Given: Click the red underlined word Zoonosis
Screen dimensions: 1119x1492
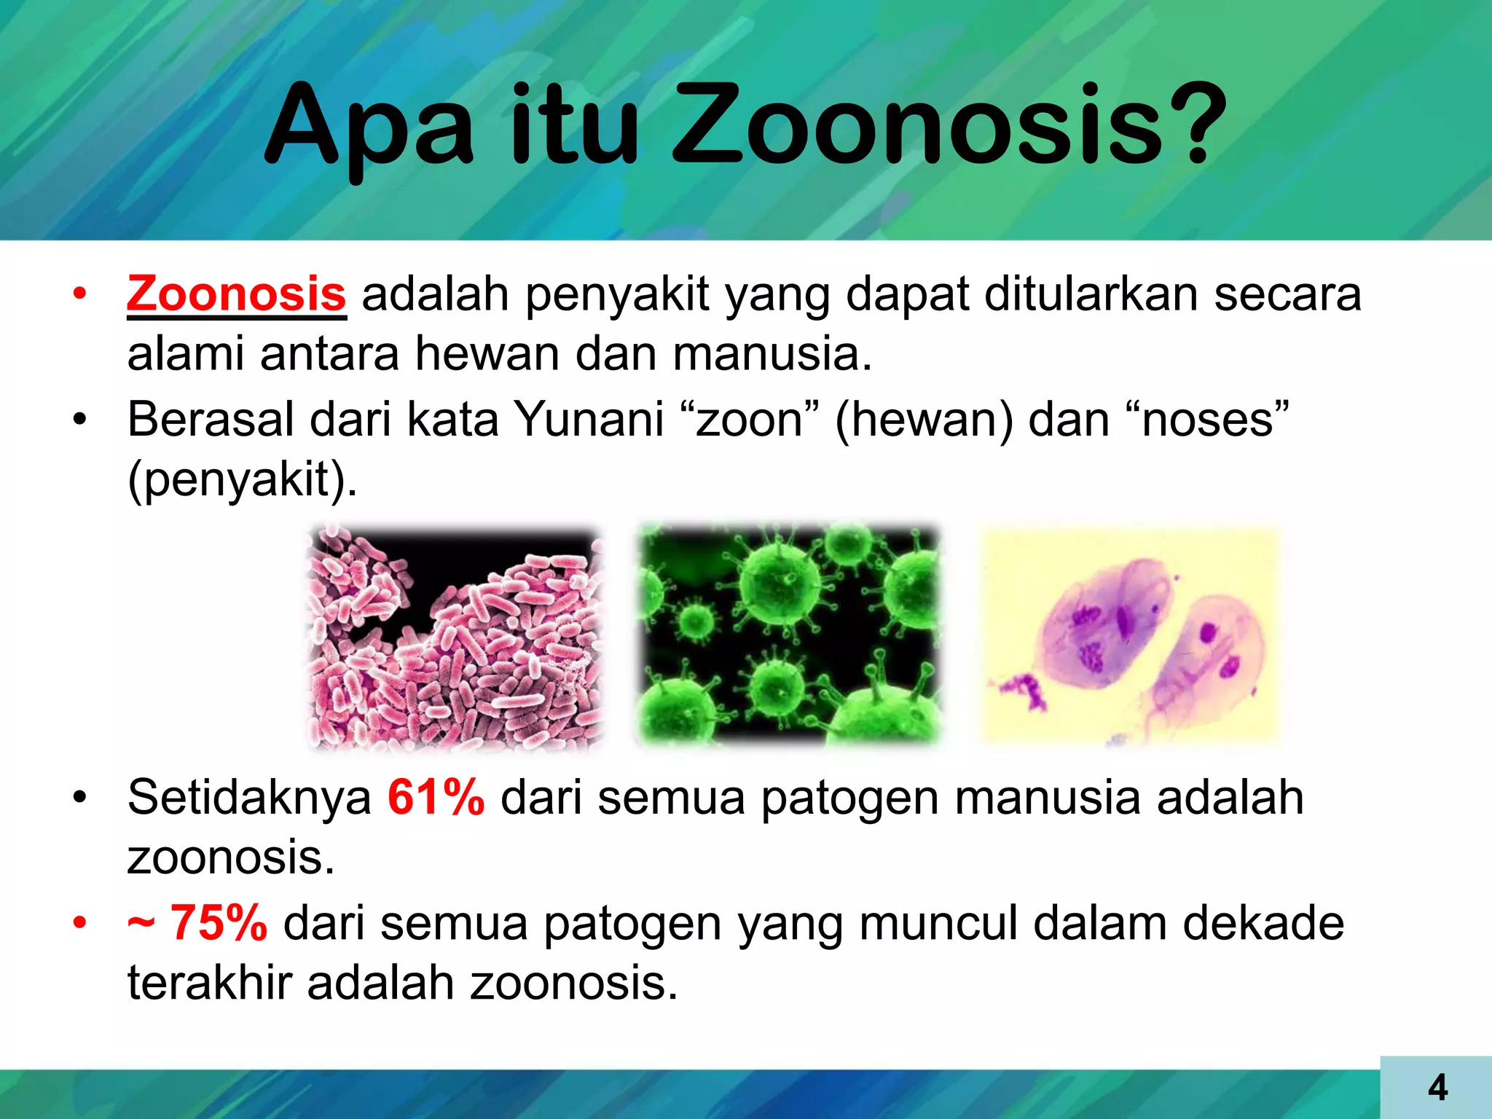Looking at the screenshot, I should click(x=236, y=294).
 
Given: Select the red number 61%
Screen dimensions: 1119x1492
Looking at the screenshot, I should click(x=436, y=797).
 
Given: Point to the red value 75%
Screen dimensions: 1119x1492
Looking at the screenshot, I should click(x=218, y=923).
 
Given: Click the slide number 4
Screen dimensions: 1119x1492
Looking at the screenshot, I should click(x=1437, y=1088).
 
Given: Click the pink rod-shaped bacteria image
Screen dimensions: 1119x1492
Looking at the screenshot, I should click(x=455, y=637).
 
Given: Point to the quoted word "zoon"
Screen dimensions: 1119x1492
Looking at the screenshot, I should click(x=750, y=420).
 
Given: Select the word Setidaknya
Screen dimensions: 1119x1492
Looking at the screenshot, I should click(x=249, y=797).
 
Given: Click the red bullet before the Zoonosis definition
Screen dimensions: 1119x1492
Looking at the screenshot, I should click(x=80, y=295).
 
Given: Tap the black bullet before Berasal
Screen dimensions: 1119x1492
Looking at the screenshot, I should click(x=80, y=420).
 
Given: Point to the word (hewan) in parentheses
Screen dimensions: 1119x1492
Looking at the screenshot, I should click(x=923, y=420).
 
